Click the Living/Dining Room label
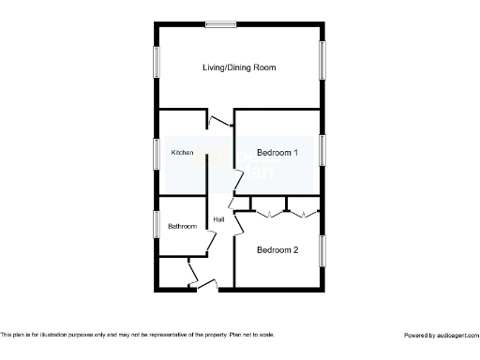[x=239, y=67]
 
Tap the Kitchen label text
[x=182, y=152]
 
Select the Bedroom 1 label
[x=277, y=152]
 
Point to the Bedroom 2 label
[x=277, y=249]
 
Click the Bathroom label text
[x=182, y=227]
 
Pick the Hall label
[x=218, y=219]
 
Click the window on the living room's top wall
[x=221, y=24]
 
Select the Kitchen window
[x=156, y=153]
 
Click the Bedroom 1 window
[x=323, y=151]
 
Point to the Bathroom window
[x=156, y=225]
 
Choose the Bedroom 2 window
[x=323, y=249]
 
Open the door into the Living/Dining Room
[x=219, y=119]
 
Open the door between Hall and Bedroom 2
[x=238, y=224]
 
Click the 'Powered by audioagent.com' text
[x=441, y=335]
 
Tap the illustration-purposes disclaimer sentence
[x=138, y=335]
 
